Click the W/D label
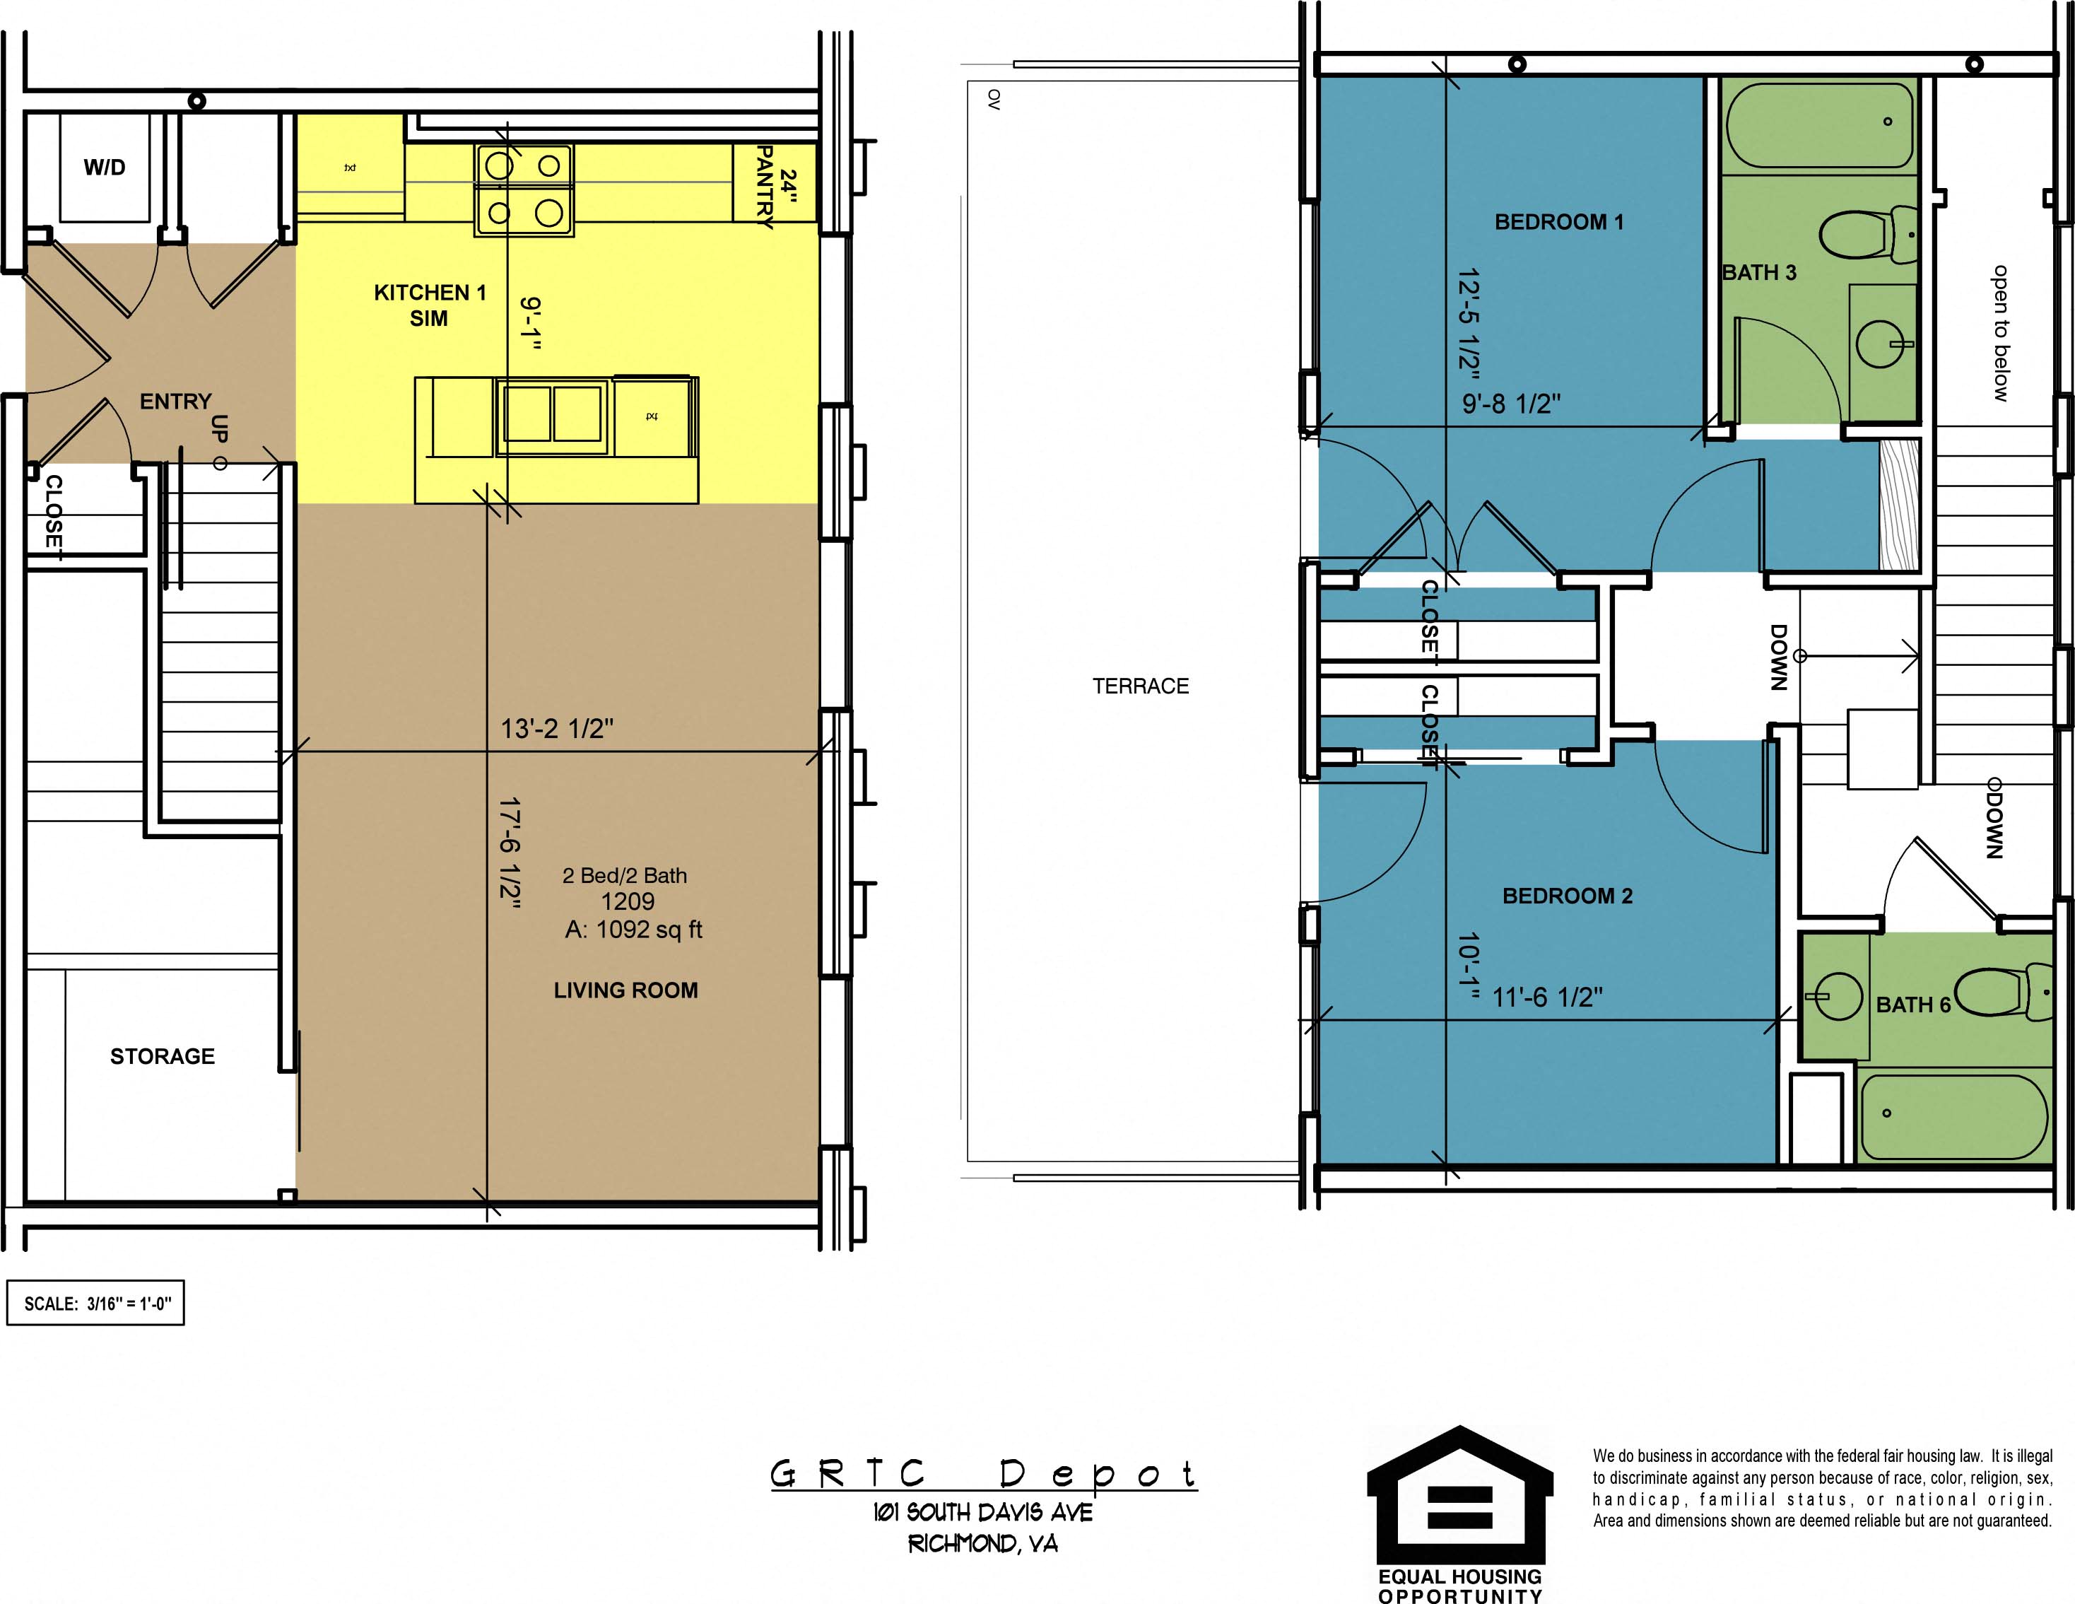(105, 168)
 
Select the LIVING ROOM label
(626, 990)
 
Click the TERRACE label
(1140, 686)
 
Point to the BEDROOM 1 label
(1559, 223)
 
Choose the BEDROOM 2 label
(1568, 896)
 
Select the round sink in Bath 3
(1881, 343)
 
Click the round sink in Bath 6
(1838, 997)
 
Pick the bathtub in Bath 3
(1818, 124)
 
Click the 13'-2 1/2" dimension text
(558, 729)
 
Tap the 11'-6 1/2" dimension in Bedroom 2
(1548, 997)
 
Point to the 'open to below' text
(2001, 332)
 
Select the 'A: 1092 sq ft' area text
(634, 930)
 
